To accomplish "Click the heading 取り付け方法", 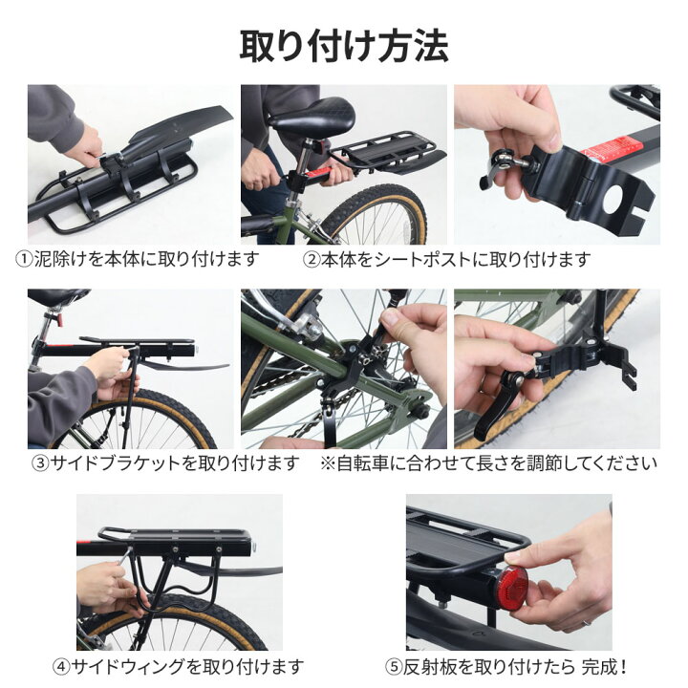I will point(343,44).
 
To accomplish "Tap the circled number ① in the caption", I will point(23,260).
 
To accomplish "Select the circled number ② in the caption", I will point(312,260).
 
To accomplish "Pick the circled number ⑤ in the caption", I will point(394,666).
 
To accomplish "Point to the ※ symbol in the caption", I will point(328,463).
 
